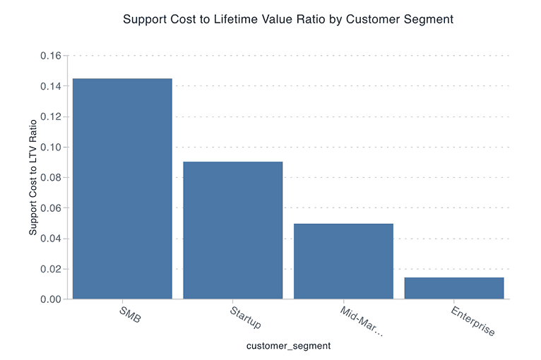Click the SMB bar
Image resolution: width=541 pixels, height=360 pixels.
pos(122,188)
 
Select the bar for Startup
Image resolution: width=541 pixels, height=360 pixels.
pos(232,230)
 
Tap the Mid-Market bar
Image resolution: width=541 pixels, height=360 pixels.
pos(343,261)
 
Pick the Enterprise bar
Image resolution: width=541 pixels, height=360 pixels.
pos(454,288)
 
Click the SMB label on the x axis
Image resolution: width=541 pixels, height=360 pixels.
pos(131,314)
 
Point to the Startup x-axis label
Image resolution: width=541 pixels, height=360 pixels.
pos(245,318)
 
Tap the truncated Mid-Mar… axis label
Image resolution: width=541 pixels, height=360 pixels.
pos(361,322)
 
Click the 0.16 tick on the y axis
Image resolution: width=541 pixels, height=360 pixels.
pos(52,56)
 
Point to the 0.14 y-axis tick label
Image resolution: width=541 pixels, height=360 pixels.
pos(52,86)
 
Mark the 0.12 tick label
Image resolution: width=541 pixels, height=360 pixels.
pos(52,116)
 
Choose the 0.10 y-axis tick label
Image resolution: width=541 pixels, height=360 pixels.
pos(52,148)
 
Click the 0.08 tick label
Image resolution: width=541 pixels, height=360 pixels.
pos(52,178)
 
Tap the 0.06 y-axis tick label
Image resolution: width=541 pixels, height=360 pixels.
pos(52,208)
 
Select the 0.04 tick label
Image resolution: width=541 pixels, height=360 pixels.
pos(52,239)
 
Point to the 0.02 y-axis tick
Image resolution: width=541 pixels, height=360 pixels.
pos(52,269)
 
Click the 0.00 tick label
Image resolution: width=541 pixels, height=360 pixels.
pos(52,299)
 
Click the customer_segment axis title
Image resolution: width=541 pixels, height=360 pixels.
pos(288,346)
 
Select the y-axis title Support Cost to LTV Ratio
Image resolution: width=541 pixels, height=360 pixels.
pos(32,177)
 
